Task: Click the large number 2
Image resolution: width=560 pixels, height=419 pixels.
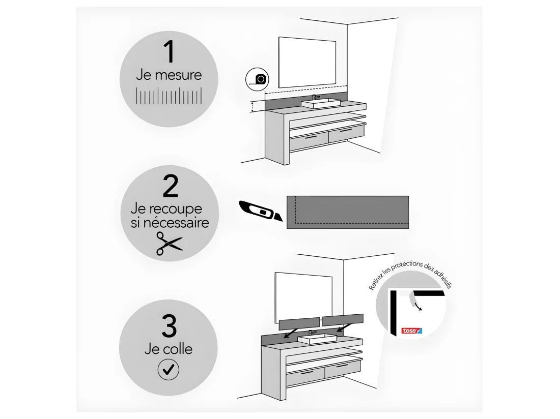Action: click(x=171, y=186)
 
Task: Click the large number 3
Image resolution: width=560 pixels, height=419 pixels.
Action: click(x=169, y=326)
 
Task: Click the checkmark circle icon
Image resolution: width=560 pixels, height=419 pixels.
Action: click(x=168, y=370)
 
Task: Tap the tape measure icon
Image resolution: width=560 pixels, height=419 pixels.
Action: click(x=257, y=79)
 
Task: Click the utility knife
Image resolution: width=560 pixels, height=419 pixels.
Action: click(x=260, y=211)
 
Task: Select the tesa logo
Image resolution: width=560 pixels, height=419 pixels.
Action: click(x=411, y=331)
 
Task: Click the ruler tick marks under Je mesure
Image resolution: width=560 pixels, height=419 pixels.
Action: click(x=169, y=96)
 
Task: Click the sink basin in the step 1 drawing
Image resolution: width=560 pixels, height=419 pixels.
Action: click(x=321, y=103)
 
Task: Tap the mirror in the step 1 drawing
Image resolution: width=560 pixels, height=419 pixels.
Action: click(x=307, y=63)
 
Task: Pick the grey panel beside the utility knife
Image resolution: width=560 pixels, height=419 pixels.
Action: click(x=348, y=212)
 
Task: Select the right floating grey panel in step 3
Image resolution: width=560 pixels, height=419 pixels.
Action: click(x=343, y=320)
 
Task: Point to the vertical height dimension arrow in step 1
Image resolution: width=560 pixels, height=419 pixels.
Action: click(x=253, y=106)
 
